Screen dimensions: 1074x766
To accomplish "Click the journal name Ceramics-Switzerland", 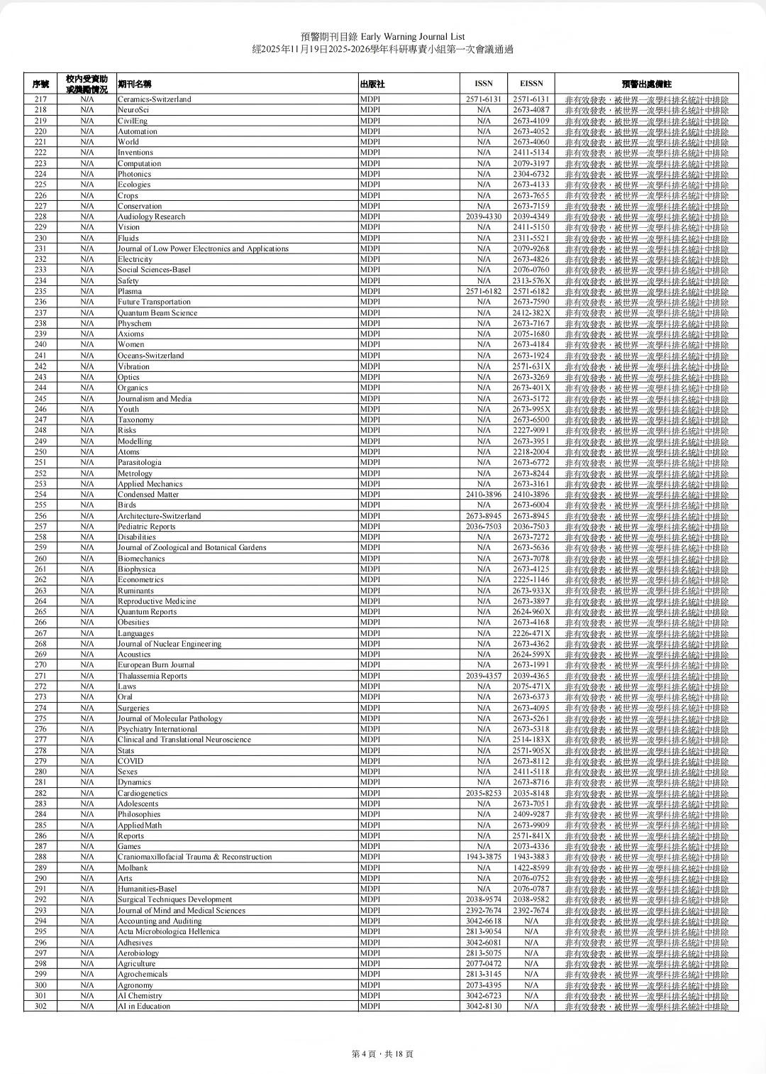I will (x=154, y=99).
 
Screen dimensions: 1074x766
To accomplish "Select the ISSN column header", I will (x=484, y=84).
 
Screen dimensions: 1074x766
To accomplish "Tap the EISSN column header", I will (x=531, y=84).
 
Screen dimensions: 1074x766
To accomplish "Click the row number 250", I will (x=40, y=451).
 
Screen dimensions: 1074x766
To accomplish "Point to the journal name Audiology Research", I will (x=151, y=217).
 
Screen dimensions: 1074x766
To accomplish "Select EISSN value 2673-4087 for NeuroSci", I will (x=531, y=110).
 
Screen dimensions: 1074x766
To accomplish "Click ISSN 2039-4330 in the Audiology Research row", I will (x=484, y=217).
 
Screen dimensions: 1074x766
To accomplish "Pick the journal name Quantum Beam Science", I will (x=157, y=313).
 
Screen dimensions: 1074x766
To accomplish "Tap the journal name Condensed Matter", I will (x=148, y=494).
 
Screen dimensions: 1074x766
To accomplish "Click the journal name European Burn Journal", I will (x=156, y=665).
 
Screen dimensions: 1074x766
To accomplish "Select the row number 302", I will (x=40, y=1007).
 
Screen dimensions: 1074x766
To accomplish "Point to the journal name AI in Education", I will (x=144, y=1007).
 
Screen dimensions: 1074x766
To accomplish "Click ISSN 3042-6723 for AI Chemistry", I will (x=484, y=996).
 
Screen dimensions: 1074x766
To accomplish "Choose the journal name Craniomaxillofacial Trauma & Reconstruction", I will (x=194, y=857).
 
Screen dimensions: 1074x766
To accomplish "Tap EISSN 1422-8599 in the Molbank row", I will (x=531, y=867).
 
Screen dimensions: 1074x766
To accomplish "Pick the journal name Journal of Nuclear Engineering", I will (x=170, y=644).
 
